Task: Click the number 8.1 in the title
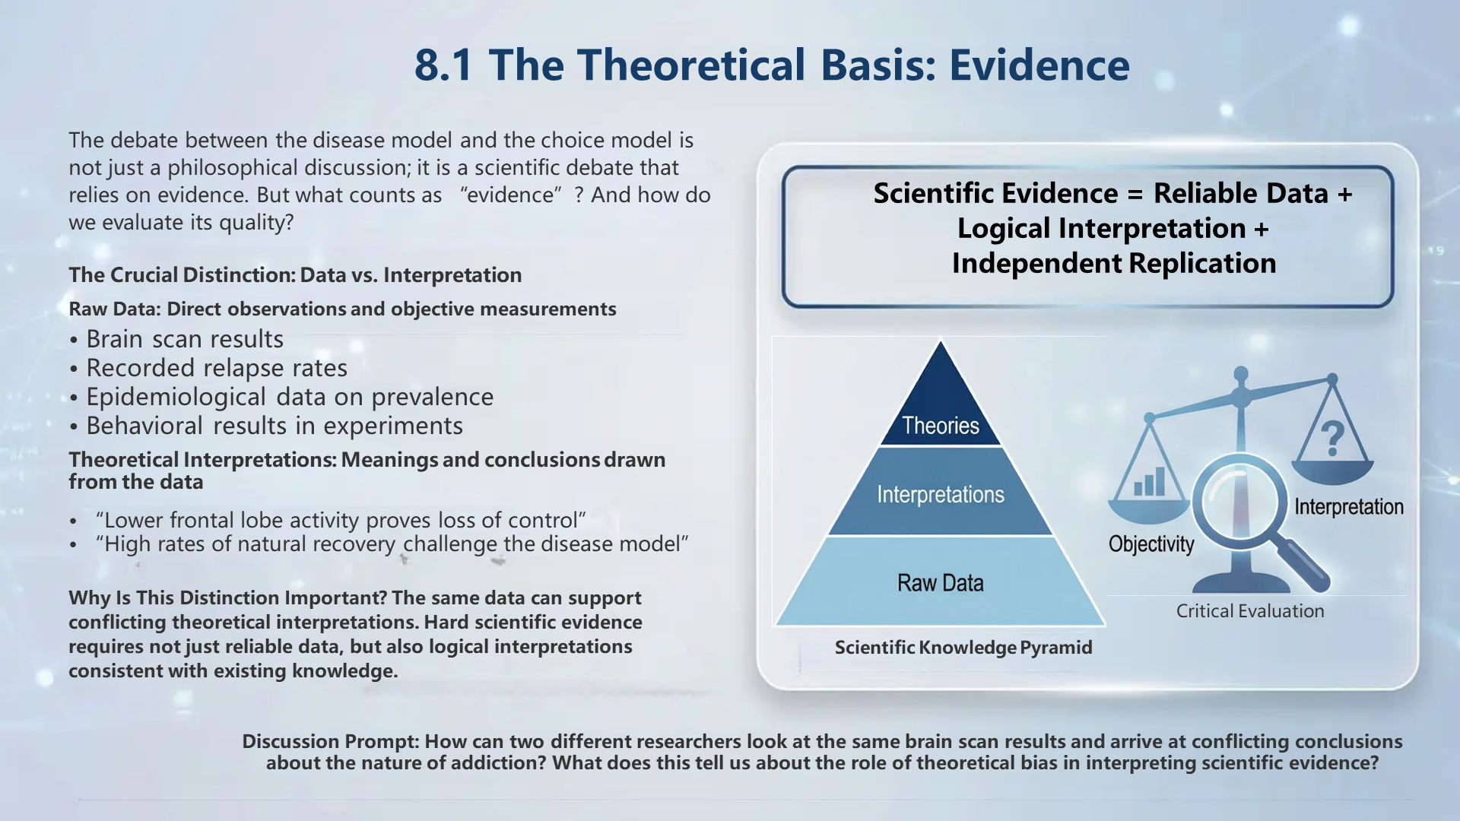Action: (x=443, y=65)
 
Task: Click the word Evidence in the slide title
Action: (x=1039, y=65)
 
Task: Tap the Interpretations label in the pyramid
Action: (x=941, y=494)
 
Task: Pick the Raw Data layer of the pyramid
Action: (x=941, y=583)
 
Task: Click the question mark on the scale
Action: (x=1331, y=439)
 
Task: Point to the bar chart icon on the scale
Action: (x=1149, y=483)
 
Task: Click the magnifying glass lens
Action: (x=1239, y=502)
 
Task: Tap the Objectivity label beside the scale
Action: (x=1151, y=544)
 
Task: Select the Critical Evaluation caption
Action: (x=1249, y=611)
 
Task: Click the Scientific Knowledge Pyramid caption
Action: (x=963, y=648)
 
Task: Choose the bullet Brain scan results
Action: (x=185, y=339)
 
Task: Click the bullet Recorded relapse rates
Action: (x=217, y=368)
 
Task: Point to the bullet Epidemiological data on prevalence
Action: (x=290, y=397)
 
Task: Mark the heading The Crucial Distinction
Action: (x=295, y=275)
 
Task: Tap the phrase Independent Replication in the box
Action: (x=1113, y=264)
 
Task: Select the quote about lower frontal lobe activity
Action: (x=341, y=520)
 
